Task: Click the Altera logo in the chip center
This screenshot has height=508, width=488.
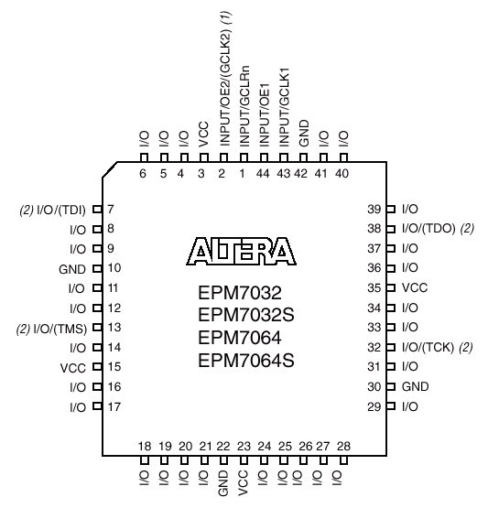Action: click(x=242, y=252)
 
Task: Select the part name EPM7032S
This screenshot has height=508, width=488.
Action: click(x=246, y=315)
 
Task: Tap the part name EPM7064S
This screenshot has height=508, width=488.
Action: click(x=246, y=361)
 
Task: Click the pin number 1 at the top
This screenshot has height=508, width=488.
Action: click(x=243, y=174)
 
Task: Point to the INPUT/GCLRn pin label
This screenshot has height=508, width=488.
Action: click(x=244, y=106)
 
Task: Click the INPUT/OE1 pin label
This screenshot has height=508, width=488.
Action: click(x=265, y=114)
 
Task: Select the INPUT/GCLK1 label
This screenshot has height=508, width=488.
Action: click(x=284, y=107)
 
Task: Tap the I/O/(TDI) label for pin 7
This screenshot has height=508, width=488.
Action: click(x=61, y=210)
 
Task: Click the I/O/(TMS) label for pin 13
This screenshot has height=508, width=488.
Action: click(x=60, y=330)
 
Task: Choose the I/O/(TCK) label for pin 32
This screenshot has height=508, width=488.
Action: click(x=428, y=347)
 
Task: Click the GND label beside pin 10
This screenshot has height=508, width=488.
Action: click(x=72, y=269)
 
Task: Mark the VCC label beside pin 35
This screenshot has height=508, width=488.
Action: click(x=415, y=287)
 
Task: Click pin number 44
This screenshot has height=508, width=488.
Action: click(x=263, y=174)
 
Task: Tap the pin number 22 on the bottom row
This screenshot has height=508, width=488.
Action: click(x=223, y=446)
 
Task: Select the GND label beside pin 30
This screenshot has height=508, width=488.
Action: click(x=415, y=386)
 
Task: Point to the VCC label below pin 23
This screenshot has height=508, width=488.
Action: click(x=244, y=482)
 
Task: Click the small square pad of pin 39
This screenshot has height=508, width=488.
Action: click(x=391, y=209)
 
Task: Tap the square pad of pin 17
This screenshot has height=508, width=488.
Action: click(x=97, y=405)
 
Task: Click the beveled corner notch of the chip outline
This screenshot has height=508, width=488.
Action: click(x=110, y=169)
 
